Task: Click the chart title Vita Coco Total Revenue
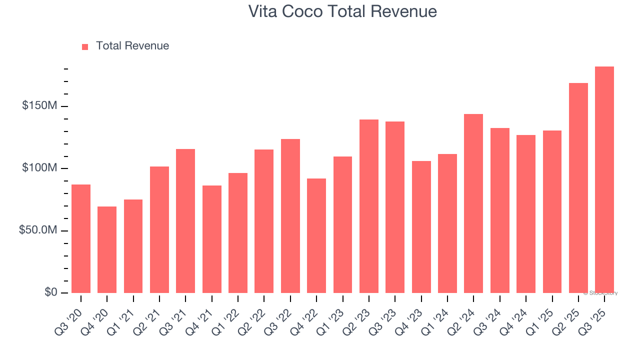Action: [x=342, y=11]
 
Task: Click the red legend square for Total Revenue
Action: [x=85, y=46]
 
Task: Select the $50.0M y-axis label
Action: [x=38, y=230]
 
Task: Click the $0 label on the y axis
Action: [x=50, y=292]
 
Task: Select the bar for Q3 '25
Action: [x=604, y=180]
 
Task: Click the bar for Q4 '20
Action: [x=107, y=249]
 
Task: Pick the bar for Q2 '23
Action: [x=368, y=206]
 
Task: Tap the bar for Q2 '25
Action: [x=578, y=188]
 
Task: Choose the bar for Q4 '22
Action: [x=316, y=235]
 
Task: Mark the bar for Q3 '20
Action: [x=81, y=238]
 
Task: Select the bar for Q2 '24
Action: [x=473, y=203]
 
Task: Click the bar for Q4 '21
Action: [x=211, y=239]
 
